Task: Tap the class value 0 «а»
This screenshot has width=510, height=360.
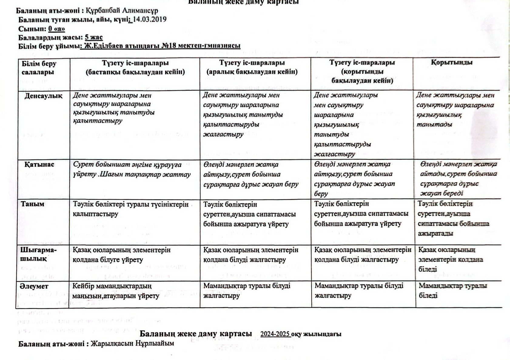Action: coord(56,29)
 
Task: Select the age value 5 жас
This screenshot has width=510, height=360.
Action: coord(94,38)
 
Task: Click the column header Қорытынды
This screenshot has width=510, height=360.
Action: coord(451,63)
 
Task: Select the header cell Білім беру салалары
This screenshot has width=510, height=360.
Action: coord(39,68)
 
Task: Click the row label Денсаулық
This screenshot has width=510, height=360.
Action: coord(43,96)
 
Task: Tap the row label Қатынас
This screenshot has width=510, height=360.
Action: coord(39,165)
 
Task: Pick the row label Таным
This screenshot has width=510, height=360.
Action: coord(32,204)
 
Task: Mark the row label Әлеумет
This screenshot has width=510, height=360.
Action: coord(34,286)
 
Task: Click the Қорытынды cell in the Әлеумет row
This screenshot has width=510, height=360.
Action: coord(453,291)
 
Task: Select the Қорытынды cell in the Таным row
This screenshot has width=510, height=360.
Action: coord(453,218)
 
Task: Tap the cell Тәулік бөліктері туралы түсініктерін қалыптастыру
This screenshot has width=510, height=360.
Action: coord(130,209)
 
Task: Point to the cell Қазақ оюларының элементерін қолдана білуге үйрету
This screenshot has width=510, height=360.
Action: coord(121,255)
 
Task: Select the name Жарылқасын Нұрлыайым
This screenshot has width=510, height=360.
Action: coord(132,344)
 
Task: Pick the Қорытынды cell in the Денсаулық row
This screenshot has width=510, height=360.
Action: coord(455,110)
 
